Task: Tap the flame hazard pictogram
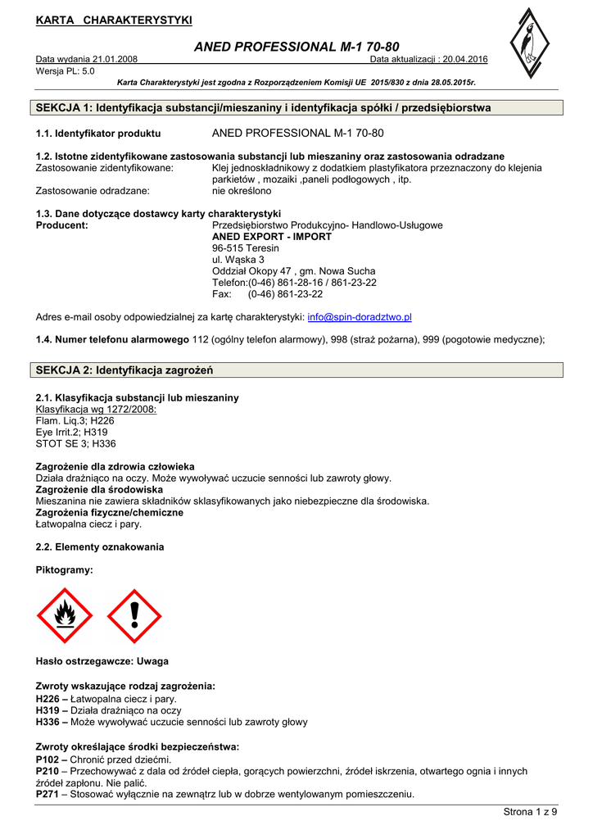[66, 616]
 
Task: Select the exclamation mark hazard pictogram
[134, 616]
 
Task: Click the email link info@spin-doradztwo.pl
[360, 316]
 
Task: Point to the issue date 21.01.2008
[115, 60]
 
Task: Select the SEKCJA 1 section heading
[264, 107]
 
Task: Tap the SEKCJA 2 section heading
[124, 370]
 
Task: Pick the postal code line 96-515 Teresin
[246, 247]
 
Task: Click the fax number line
[267, 293]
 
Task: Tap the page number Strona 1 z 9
[529, 811]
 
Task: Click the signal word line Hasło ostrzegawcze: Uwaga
[102, 660]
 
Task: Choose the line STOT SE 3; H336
[76, 443]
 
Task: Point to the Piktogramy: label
[65, 569]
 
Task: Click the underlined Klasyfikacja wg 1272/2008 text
[97, 409]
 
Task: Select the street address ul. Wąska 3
[238, 259]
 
